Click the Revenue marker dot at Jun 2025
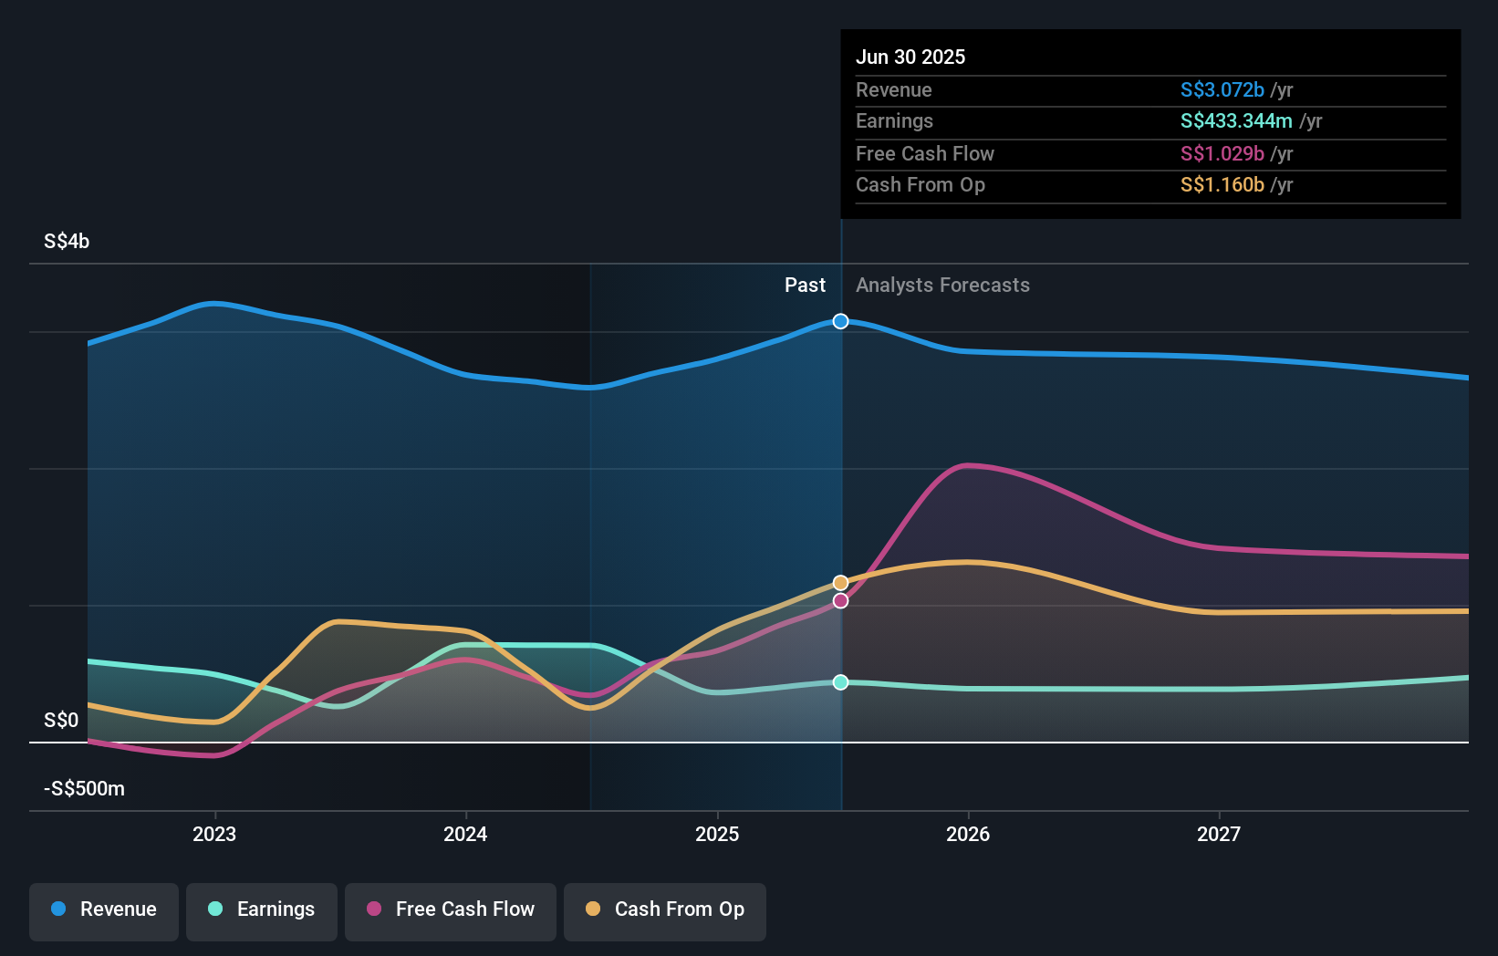coord(840,321)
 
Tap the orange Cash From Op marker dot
coord(840,583)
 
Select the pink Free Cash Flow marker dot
coord(840,601)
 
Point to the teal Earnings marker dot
coord(840,682)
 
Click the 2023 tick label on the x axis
coord(214,834)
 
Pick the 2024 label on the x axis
coord(465,834)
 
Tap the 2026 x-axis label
coord(968,834)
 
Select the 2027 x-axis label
coord(1219,834)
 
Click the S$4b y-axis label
coord(67,241)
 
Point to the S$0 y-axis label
coord(61,720)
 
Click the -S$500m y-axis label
coord(84,788)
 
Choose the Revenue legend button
coord(104,909)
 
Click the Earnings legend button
coord(262,909)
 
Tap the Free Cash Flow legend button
coord(451,909)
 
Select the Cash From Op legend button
coord(665,909)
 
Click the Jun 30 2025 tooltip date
coord(910,57)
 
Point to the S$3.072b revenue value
coord(1222,89)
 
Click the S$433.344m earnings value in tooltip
coord(1236,120)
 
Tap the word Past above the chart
coord(805,285)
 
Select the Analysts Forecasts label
coord(942,285)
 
